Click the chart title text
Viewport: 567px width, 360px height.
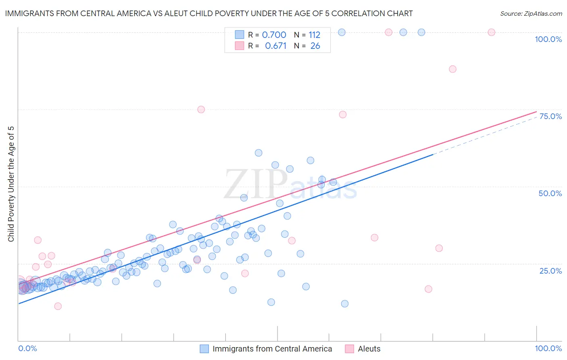(x=208, y=13)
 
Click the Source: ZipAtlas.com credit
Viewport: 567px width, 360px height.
(x=531, y=13)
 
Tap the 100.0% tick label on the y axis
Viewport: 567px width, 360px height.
(x=548, y=39)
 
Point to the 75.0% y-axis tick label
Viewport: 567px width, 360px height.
(x=550, y=116)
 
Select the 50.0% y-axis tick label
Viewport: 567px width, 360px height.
(x=550, y=193)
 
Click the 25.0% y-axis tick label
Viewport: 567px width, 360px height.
(x=550, y=270)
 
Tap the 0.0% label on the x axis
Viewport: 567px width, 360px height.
(x=27, y=348)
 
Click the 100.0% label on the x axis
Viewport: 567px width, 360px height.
(x=548, y=348)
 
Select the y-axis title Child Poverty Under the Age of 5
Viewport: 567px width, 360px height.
(x=11, y=184)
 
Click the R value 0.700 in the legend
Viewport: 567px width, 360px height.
(x=274, y=35)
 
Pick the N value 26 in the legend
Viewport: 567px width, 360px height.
(x=315, y=46)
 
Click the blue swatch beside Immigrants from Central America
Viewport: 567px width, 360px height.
(x=204, y=349)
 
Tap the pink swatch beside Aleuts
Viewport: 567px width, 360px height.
(x=350, y=349)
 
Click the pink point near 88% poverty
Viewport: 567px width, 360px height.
(x=452, y=69)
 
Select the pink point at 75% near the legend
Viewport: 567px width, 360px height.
(x=201, y=109)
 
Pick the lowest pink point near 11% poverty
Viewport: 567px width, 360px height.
(x=58, y=306)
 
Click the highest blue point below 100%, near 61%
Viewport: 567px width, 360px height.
(x=258, y=153)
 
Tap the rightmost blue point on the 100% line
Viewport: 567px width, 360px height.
(x=421, y=32)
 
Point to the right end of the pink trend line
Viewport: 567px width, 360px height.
(x=536, y=111)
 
